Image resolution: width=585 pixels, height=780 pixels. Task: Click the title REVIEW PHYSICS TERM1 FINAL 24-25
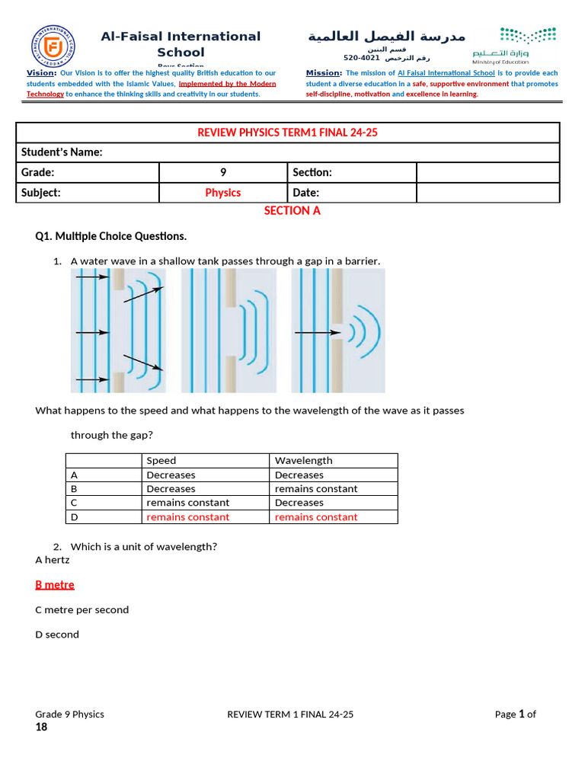pyautogui.click(x=288, y=133)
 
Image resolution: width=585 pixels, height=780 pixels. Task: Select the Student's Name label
pyautogui.click(x=62, y=152)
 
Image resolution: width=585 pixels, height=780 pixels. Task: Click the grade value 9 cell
pyautogui.click(x=223, y=173)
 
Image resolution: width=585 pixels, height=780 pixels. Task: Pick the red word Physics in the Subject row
pyautogui.click(x=223, y=193)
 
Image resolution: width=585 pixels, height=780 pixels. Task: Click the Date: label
pyautogui.click(x=306, y=193)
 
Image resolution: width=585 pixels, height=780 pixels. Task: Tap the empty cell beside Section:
pyautogui.click(x=487, y=173)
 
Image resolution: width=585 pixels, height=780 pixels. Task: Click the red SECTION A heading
pyautogui.click(x=292, y=211)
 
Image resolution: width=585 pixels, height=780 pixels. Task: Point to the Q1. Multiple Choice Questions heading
pyautogui.click(x=111, y=236)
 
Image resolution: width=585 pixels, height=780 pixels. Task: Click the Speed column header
pyautogui.click(x=161, y=461)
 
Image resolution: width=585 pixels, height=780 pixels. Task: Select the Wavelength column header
pyautogui.click(x=303, y=461)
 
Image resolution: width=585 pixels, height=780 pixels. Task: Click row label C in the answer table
pyautogui.click(x=74, y=503)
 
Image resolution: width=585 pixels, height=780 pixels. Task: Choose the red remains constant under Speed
pyautogui.click(x=187, y=517)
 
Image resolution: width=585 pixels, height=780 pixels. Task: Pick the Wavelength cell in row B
pyautogui.click(x=316, y=489)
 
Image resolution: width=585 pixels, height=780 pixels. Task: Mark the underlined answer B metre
pyautogui.click(x=55, y=585)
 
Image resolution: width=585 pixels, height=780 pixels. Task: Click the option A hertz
pyautogui.click(x=53, y=560)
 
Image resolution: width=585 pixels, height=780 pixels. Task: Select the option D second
pyautogui.click(x=57, y=635)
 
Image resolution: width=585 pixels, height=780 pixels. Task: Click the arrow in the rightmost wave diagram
pyautogui.click(x=316, y=332)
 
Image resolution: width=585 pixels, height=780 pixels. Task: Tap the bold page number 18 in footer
pyautogui.click(x=41, y=727)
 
